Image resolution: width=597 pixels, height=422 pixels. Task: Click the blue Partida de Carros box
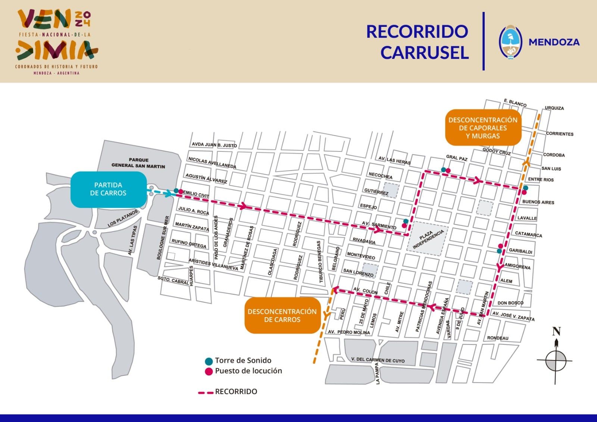coord(108,189)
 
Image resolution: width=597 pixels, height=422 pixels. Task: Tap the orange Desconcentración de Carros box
coord(282,315)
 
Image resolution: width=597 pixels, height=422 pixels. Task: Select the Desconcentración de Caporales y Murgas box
coord(483,128)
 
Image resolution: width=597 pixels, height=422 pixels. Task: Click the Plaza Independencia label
coord(429,239)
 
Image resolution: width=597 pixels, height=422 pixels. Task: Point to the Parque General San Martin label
coord(138,163)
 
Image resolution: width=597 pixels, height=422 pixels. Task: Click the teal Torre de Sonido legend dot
coord(209,361)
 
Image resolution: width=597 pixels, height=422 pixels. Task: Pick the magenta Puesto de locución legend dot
coord(209,371)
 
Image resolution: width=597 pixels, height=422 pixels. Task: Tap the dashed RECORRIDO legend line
coord(206,392)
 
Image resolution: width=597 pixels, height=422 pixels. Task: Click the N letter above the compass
coord(556,331)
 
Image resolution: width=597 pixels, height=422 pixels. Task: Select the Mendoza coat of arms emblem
coord(510,42)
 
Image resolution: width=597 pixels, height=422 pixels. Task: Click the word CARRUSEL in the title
coord(424,53)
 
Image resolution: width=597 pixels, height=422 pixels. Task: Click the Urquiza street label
coord(554,108)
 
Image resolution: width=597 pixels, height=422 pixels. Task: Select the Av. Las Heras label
coord(394,160)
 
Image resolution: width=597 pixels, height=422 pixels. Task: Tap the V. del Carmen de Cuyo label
coord(378,360)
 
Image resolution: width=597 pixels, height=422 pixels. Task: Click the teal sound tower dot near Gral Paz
coord(443,170)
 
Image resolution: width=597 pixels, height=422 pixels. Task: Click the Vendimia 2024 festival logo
coord(57,41)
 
